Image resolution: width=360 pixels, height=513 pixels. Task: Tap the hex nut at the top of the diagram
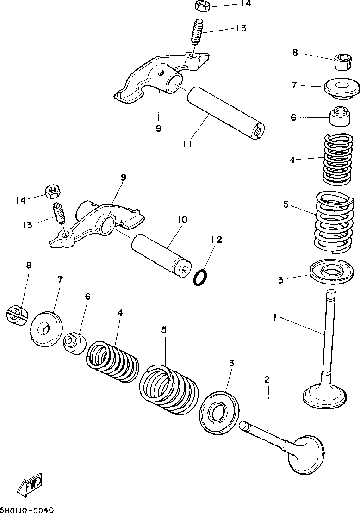200,6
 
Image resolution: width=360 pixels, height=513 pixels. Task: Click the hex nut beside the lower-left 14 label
52,192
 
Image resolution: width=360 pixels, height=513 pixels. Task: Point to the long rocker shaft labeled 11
226,113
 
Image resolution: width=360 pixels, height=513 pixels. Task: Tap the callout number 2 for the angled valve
267,379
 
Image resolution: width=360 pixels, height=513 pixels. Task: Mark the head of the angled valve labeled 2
305,455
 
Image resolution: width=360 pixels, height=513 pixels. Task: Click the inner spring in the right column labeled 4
338,159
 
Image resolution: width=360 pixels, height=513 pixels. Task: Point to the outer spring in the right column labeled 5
334,223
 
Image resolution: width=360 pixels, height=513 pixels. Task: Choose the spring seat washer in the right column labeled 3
332,270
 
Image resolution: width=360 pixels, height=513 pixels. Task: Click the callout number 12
216,240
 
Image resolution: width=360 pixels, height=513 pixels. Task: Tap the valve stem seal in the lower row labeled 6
74,343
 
